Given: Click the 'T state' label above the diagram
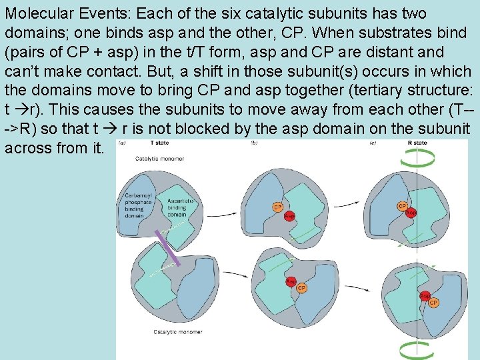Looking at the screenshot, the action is click(159, 143).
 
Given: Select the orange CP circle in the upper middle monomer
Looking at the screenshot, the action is click(278, 207).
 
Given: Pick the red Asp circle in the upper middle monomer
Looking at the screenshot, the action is click(289, 216).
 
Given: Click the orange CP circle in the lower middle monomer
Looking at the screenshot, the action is click(302, 288).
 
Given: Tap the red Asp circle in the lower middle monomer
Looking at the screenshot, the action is click(291, 281).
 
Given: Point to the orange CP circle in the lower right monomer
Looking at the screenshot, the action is click(433, 302).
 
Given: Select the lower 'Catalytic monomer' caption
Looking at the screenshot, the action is click(177, 331).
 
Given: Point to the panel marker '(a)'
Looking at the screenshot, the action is click(123, 143).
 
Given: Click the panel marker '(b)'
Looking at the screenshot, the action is click(254, 143).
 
